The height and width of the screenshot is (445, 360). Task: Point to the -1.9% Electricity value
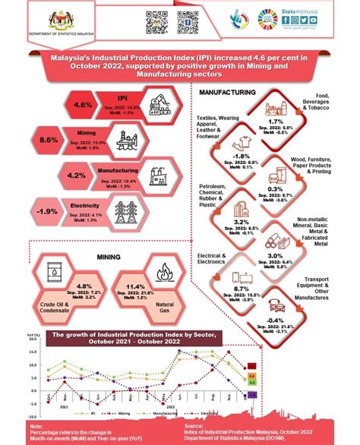[x=48, y=210]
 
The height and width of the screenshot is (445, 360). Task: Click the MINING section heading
[x=110, y=257]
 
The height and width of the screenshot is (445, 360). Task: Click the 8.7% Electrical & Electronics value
[x=242, y=289]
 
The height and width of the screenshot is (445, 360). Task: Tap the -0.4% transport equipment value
[x=276, y=320]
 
